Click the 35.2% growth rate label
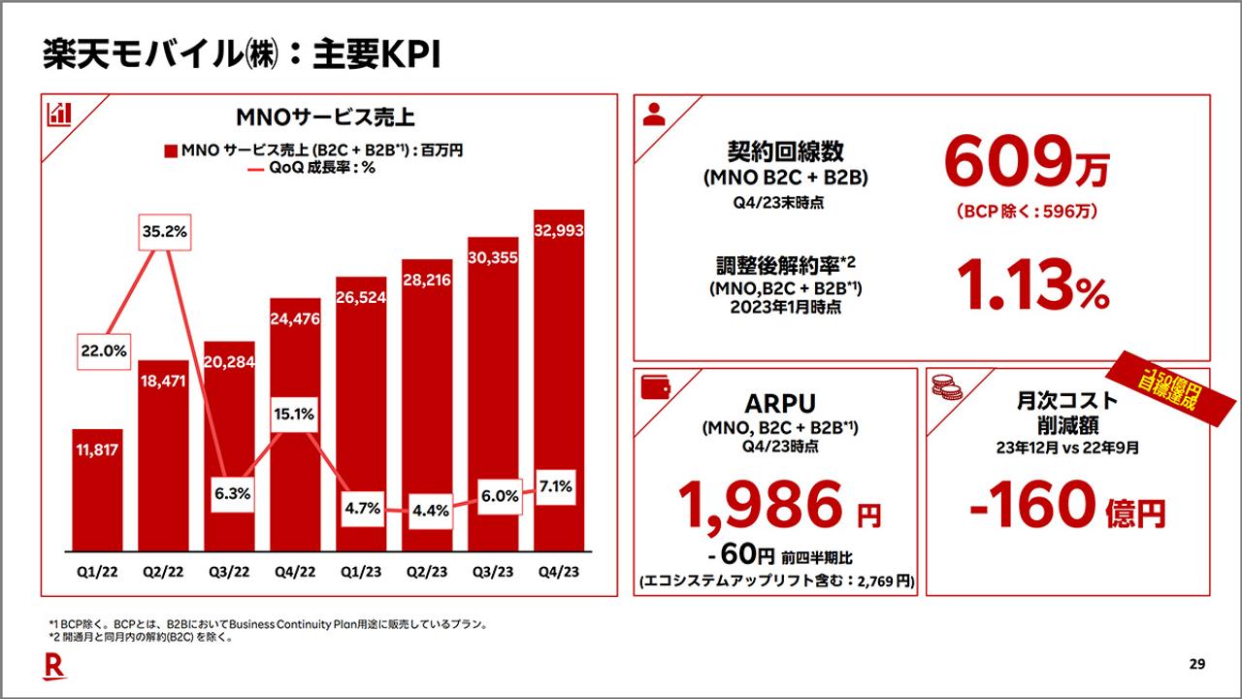[164, 232]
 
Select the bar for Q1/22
[97, 490]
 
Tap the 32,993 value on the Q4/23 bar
[559, 229]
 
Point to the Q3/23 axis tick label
[493, 572]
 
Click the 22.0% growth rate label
[103, 351]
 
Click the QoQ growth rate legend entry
[310, 168]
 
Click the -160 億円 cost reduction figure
[1067, 505]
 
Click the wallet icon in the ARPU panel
[655, 387]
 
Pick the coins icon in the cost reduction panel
[946, 388]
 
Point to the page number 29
[1196, 664]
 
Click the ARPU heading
[775, 402]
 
